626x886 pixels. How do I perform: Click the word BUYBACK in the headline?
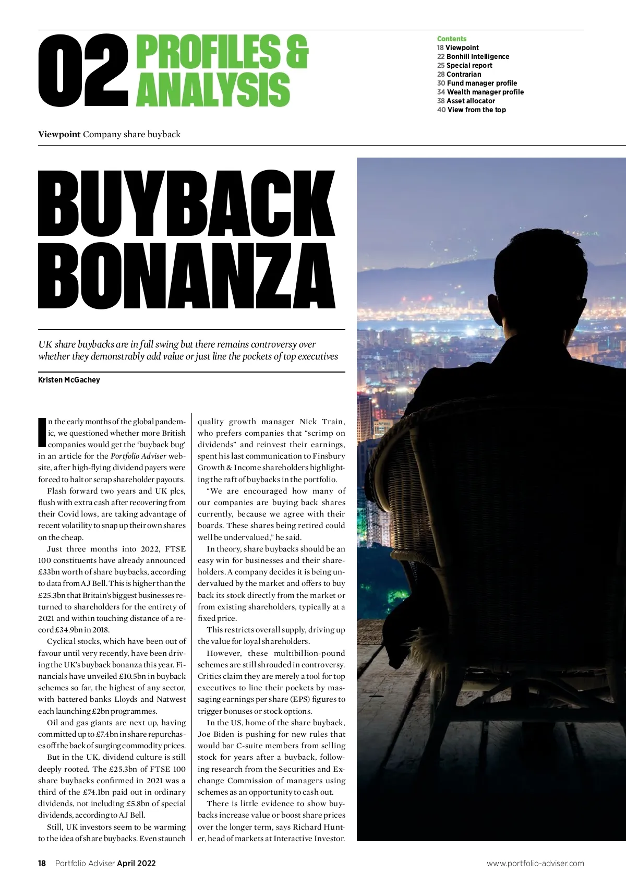187,205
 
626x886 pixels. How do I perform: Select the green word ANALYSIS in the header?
213,90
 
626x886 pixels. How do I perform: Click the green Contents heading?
451,39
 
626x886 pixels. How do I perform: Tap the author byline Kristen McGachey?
69,380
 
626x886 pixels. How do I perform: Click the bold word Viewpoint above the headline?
59,134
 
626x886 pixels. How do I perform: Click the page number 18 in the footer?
42,864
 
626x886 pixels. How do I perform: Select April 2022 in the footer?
136,864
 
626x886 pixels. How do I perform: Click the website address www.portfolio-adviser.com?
535,864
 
